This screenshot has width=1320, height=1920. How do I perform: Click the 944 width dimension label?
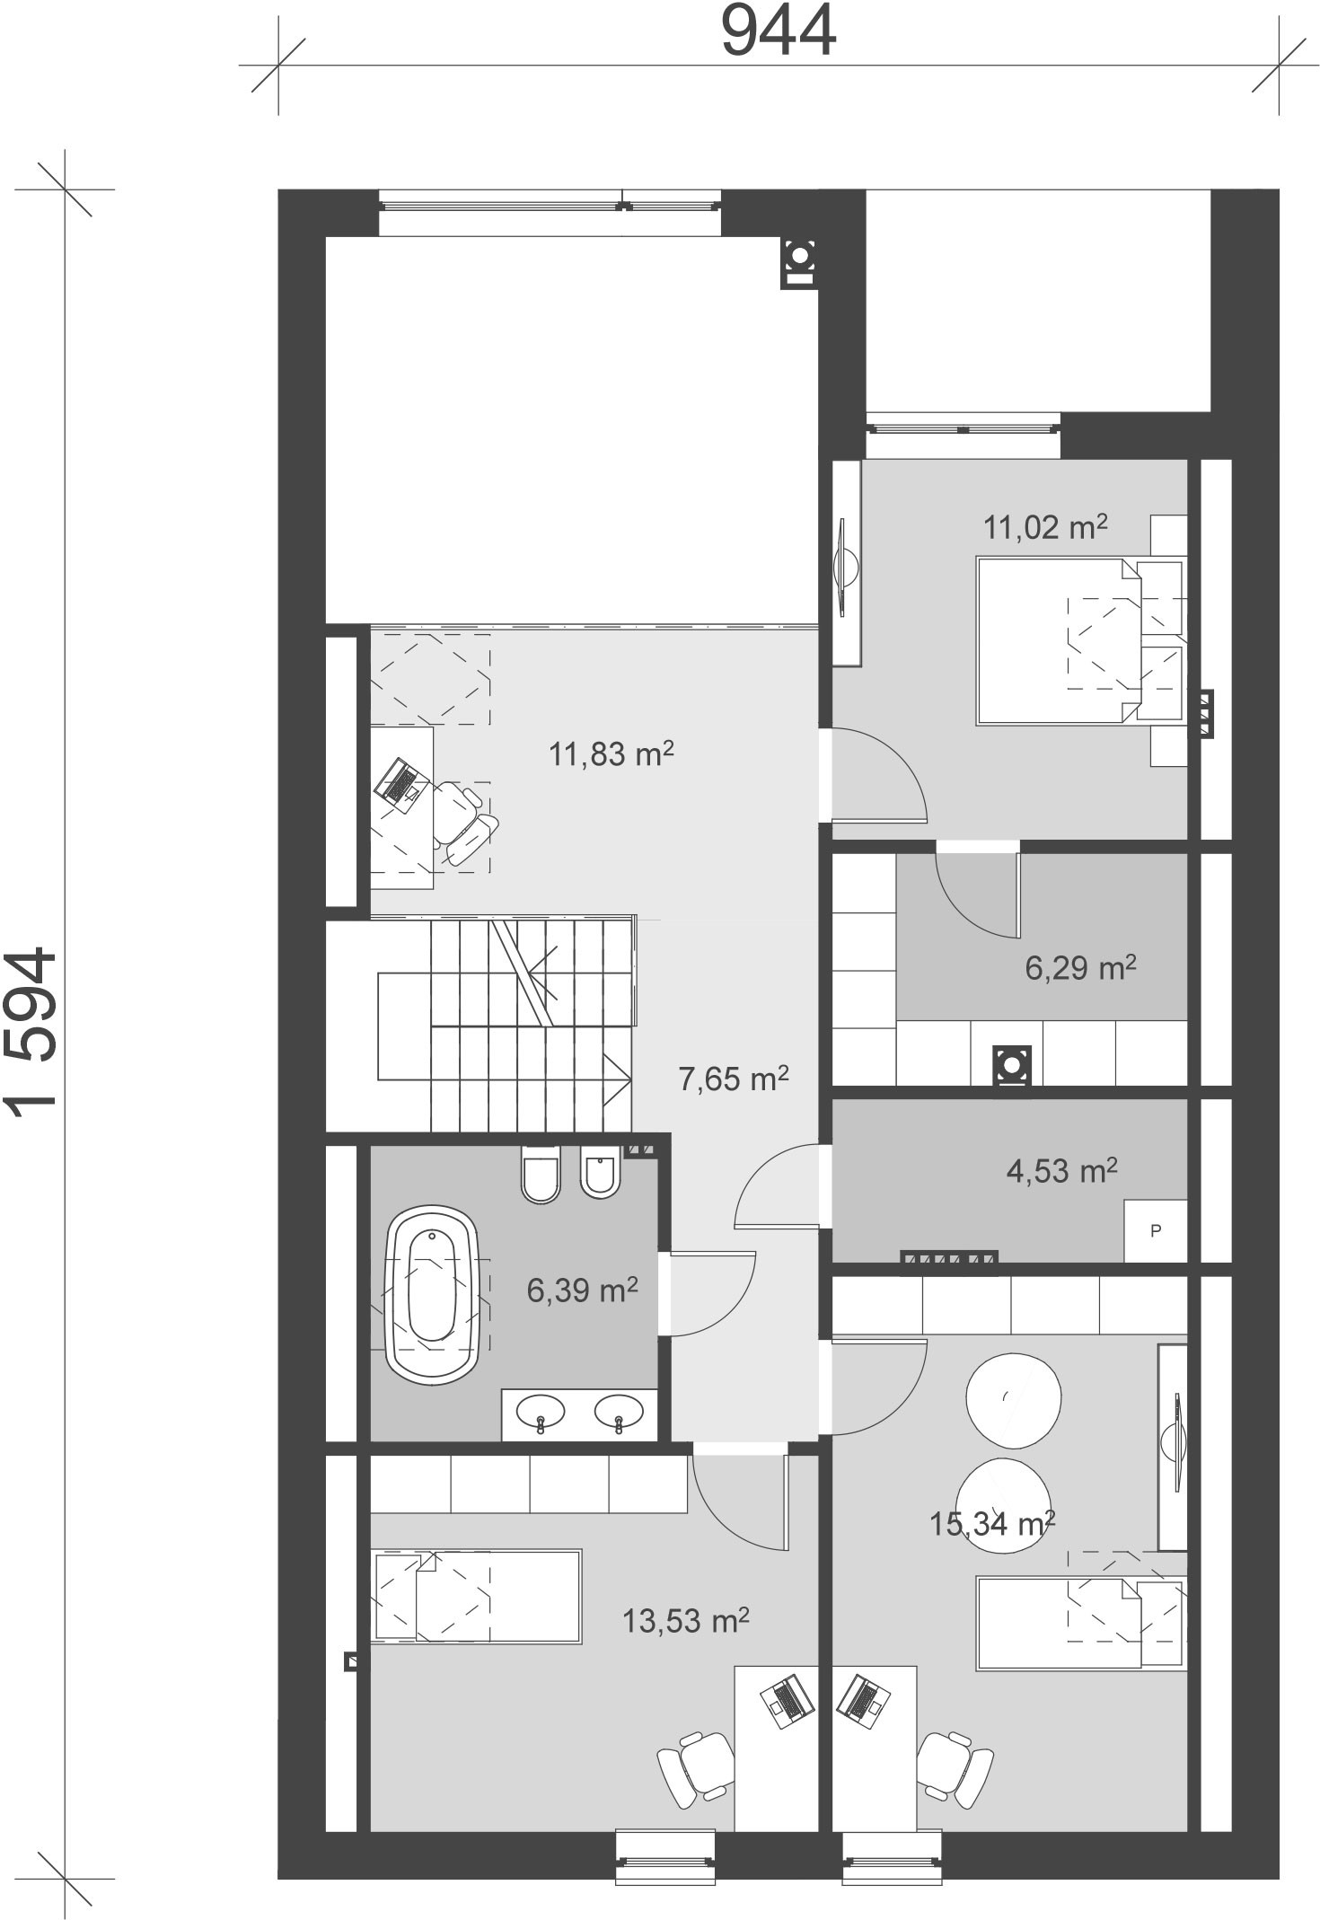[x=779, y=32]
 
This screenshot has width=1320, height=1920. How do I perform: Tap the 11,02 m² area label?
[x=1045, y=527]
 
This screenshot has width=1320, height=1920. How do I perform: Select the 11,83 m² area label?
[x=612, y=753]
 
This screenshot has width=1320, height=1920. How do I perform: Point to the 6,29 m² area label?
[x=1081, y=967]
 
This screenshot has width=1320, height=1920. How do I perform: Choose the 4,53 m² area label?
[x=1062, y=1170]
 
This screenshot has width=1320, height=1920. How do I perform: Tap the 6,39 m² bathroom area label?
[x=582, y=1290]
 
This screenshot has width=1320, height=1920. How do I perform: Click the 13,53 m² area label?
[x=686, y=1621]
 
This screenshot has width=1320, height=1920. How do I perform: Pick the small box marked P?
[x=1156, y=1230]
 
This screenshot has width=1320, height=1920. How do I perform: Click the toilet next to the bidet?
[x=541, y=1173]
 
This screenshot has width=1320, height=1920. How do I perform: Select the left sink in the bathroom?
[x=541, y=1413]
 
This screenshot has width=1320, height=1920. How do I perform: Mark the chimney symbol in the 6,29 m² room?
[x=1012, y=1067]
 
